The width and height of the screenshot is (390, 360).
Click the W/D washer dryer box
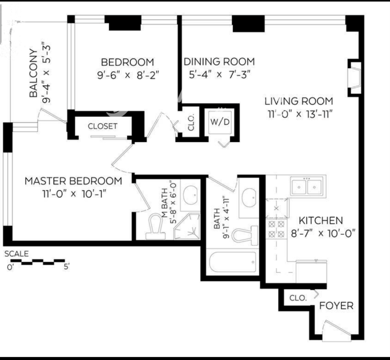click(219, 122)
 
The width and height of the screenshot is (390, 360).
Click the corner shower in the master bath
click(186, 227)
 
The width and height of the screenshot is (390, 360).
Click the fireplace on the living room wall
click(354, 76)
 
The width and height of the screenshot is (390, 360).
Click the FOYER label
click(335, 306)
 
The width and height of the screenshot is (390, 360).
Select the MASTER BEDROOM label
click(73, 181)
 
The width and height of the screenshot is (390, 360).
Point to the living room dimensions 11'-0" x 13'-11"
click(298, 115)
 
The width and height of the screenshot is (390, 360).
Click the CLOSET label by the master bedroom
click(102, 126)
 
